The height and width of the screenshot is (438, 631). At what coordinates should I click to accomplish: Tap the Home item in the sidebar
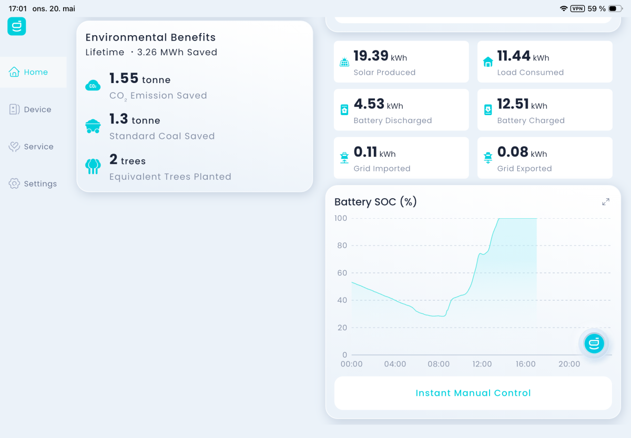(28, 72)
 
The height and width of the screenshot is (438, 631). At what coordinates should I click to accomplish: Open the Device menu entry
(30, 109)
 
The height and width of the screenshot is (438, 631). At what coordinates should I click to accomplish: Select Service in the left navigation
(31, 147)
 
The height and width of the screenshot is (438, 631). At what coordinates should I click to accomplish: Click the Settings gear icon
(14, 184)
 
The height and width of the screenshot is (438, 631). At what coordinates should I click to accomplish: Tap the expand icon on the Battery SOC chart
(606, 202)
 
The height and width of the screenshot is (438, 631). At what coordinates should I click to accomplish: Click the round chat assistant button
(594, 343)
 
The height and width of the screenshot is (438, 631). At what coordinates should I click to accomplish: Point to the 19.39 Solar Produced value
(371, 56)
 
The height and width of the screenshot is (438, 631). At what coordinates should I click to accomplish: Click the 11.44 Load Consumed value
(514, 56)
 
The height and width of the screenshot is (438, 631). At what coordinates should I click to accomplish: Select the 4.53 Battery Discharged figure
(369, 104)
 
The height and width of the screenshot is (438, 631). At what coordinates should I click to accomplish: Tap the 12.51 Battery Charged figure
(513, 104)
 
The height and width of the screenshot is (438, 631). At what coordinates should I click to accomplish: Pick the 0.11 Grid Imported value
(365, 152)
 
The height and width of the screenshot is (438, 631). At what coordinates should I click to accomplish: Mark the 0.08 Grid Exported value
(513, 152)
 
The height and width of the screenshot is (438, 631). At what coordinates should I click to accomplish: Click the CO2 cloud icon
(93, 86)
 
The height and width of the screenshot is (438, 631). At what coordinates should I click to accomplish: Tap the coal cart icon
(93, 126)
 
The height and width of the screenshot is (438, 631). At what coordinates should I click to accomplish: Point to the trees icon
(93, 167)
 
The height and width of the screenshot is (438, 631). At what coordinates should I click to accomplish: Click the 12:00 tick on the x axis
(482, 364)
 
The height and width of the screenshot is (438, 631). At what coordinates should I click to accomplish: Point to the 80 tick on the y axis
(342, 246)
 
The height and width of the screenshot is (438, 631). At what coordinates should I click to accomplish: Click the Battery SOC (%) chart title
(375, 202)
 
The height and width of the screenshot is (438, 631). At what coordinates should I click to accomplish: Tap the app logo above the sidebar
(17, 26)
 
